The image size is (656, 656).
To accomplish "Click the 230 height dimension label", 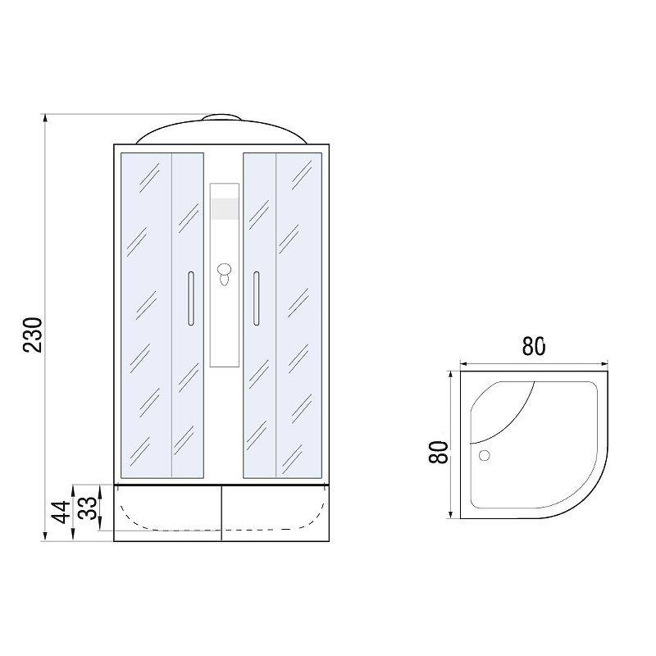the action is tap(33, 335).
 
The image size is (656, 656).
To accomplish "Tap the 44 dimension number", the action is tap(61, 512).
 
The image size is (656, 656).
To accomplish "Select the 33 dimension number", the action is tap(89, 508).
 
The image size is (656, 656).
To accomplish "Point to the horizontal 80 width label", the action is tap(534, 346).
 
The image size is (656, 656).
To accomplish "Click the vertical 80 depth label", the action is tap(439, 453).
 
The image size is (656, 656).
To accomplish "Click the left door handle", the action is tap(191, 298).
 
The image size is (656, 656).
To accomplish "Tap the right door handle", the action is tap(256, 298).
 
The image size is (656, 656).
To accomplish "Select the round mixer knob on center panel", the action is tap(225, 269).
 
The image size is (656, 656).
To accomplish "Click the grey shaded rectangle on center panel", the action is tap(225, 209).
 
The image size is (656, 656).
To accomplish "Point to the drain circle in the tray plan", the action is tap(484, 455).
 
